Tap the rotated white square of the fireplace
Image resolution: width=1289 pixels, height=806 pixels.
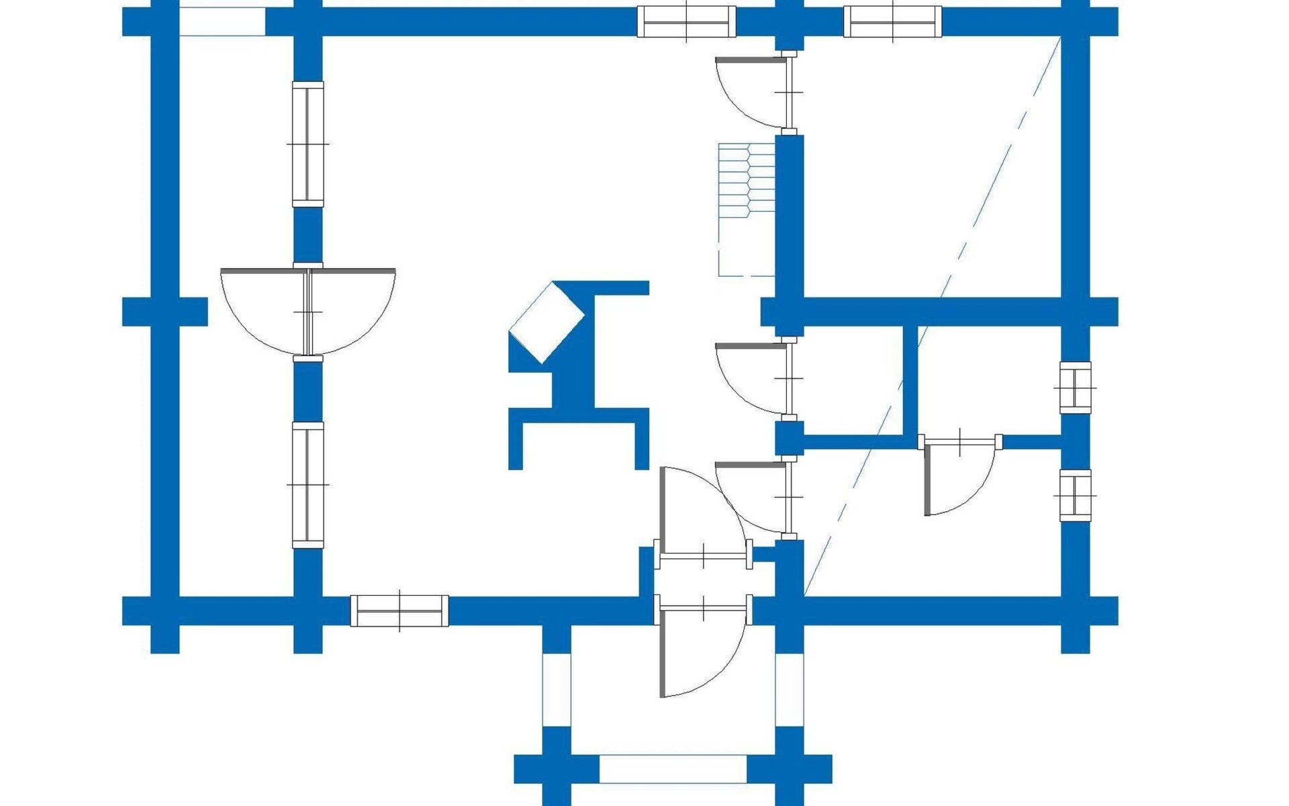[546, 323]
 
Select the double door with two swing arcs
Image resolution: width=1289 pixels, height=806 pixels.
[308, 311]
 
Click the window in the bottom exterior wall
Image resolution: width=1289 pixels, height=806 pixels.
[399, 611]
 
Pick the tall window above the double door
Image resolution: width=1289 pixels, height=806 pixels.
[308, 144]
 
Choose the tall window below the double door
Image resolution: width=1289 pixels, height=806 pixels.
[308, 484]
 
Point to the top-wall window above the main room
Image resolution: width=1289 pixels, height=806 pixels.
[686, 21]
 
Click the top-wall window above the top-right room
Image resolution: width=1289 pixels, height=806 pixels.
[893, 21]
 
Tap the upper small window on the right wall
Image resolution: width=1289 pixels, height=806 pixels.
[1075, 388]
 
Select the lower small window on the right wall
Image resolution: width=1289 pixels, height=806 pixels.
[1075, 496]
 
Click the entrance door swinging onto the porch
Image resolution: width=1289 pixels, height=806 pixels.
[702, 648]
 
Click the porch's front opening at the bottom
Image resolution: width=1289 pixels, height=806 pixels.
[673, 768]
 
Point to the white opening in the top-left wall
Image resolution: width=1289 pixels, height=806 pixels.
[222, 21]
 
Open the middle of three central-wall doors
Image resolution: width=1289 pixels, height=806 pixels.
[759, 378]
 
